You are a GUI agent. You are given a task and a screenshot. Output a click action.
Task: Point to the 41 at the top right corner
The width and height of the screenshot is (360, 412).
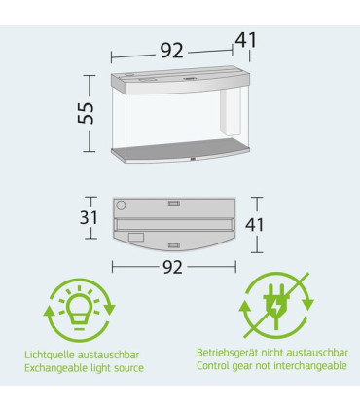(246, 40)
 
